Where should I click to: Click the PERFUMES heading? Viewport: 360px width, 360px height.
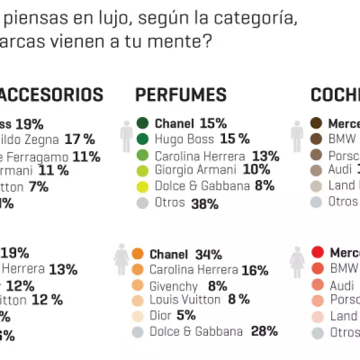[x=181, y=95]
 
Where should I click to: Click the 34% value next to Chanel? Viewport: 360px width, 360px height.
[x=208, y=255]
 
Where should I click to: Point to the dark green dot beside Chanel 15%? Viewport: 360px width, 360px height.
[x=143, y=124]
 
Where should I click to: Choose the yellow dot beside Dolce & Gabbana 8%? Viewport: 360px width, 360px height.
[x=143, y=186]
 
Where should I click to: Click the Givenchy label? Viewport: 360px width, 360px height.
[x=173, y=286]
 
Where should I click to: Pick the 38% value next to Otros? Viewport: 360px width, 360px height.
[x=205, y=203]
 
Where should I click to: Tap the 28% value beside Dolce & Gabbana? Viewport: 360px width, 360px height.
[x=265, y=331]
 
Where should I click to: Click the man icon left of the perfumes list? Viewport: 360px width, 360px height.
[x=126, y=137]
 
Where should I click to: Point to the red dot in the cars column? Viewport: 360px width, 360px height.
[x=318, y=253]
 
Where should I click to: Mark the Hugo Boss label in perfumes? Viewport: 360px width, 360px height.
[x=181, y=139]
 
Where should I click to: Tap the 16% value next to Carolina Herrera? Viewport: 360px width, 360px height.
[x=255, y=271]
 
